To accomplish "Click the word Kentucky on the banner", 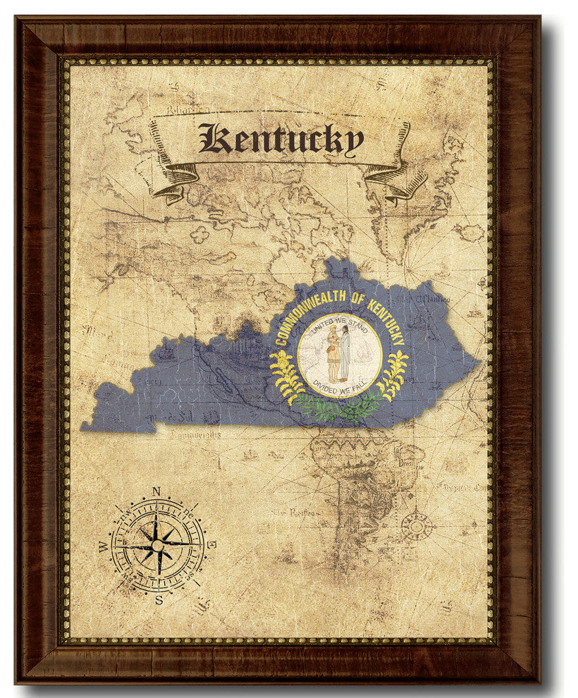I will pyautogui.click(x=281, y=139).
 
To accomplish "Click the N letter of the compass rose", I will pyautogui.click(x=156, y=492).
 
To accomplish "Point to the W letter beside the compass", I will pyautogui.click(x=104, y=546).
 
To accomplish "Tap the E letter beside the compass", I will pyautogui.click(x=212, y=544).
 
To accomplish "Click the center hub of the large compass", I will pyautogui.click(x=158, y=546).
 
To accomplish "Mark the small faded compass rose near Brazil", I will pyautogui.click(x=417, y=525).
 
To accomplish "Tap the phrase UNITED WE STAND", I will pyautogui.click(x=340, y=326).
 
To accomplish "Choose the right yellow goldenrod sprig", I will pyautogui.click(x=393, y=374).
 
